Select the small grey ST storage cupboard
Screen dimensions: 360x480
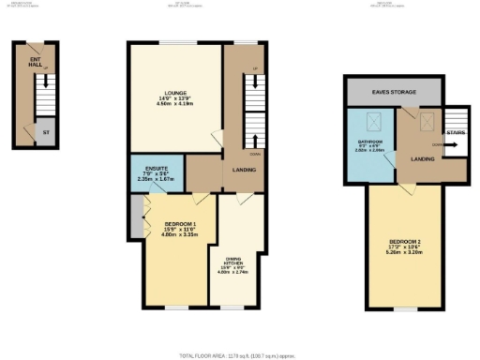point(44,133)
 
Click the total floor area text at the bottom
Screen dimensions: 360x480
point(240,356)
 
